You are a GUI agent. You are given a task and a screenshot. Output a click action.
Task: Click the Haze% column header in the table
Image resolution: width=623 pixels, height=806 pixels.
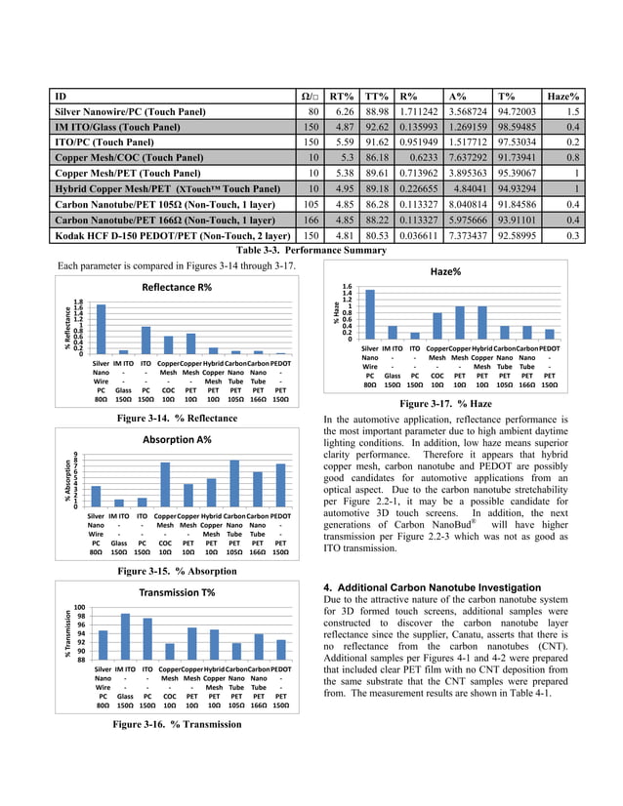pos(562,97)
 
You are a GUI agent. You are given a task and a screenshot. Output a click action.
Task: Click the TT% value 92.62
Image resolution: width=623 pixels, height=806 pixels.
pos(375,127)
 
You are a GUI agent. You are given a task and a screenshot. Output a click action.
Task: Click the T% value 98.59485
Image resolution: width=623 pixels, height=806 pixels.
pos(518,127)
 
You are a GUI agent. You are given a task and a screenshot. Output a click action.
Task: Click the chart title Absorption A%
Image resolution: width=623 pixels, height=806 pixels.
pos(177,439)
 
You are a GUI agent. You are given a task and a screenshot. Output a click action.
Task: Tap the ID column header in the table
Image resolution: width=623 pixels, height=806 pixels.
pos(61,97)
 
